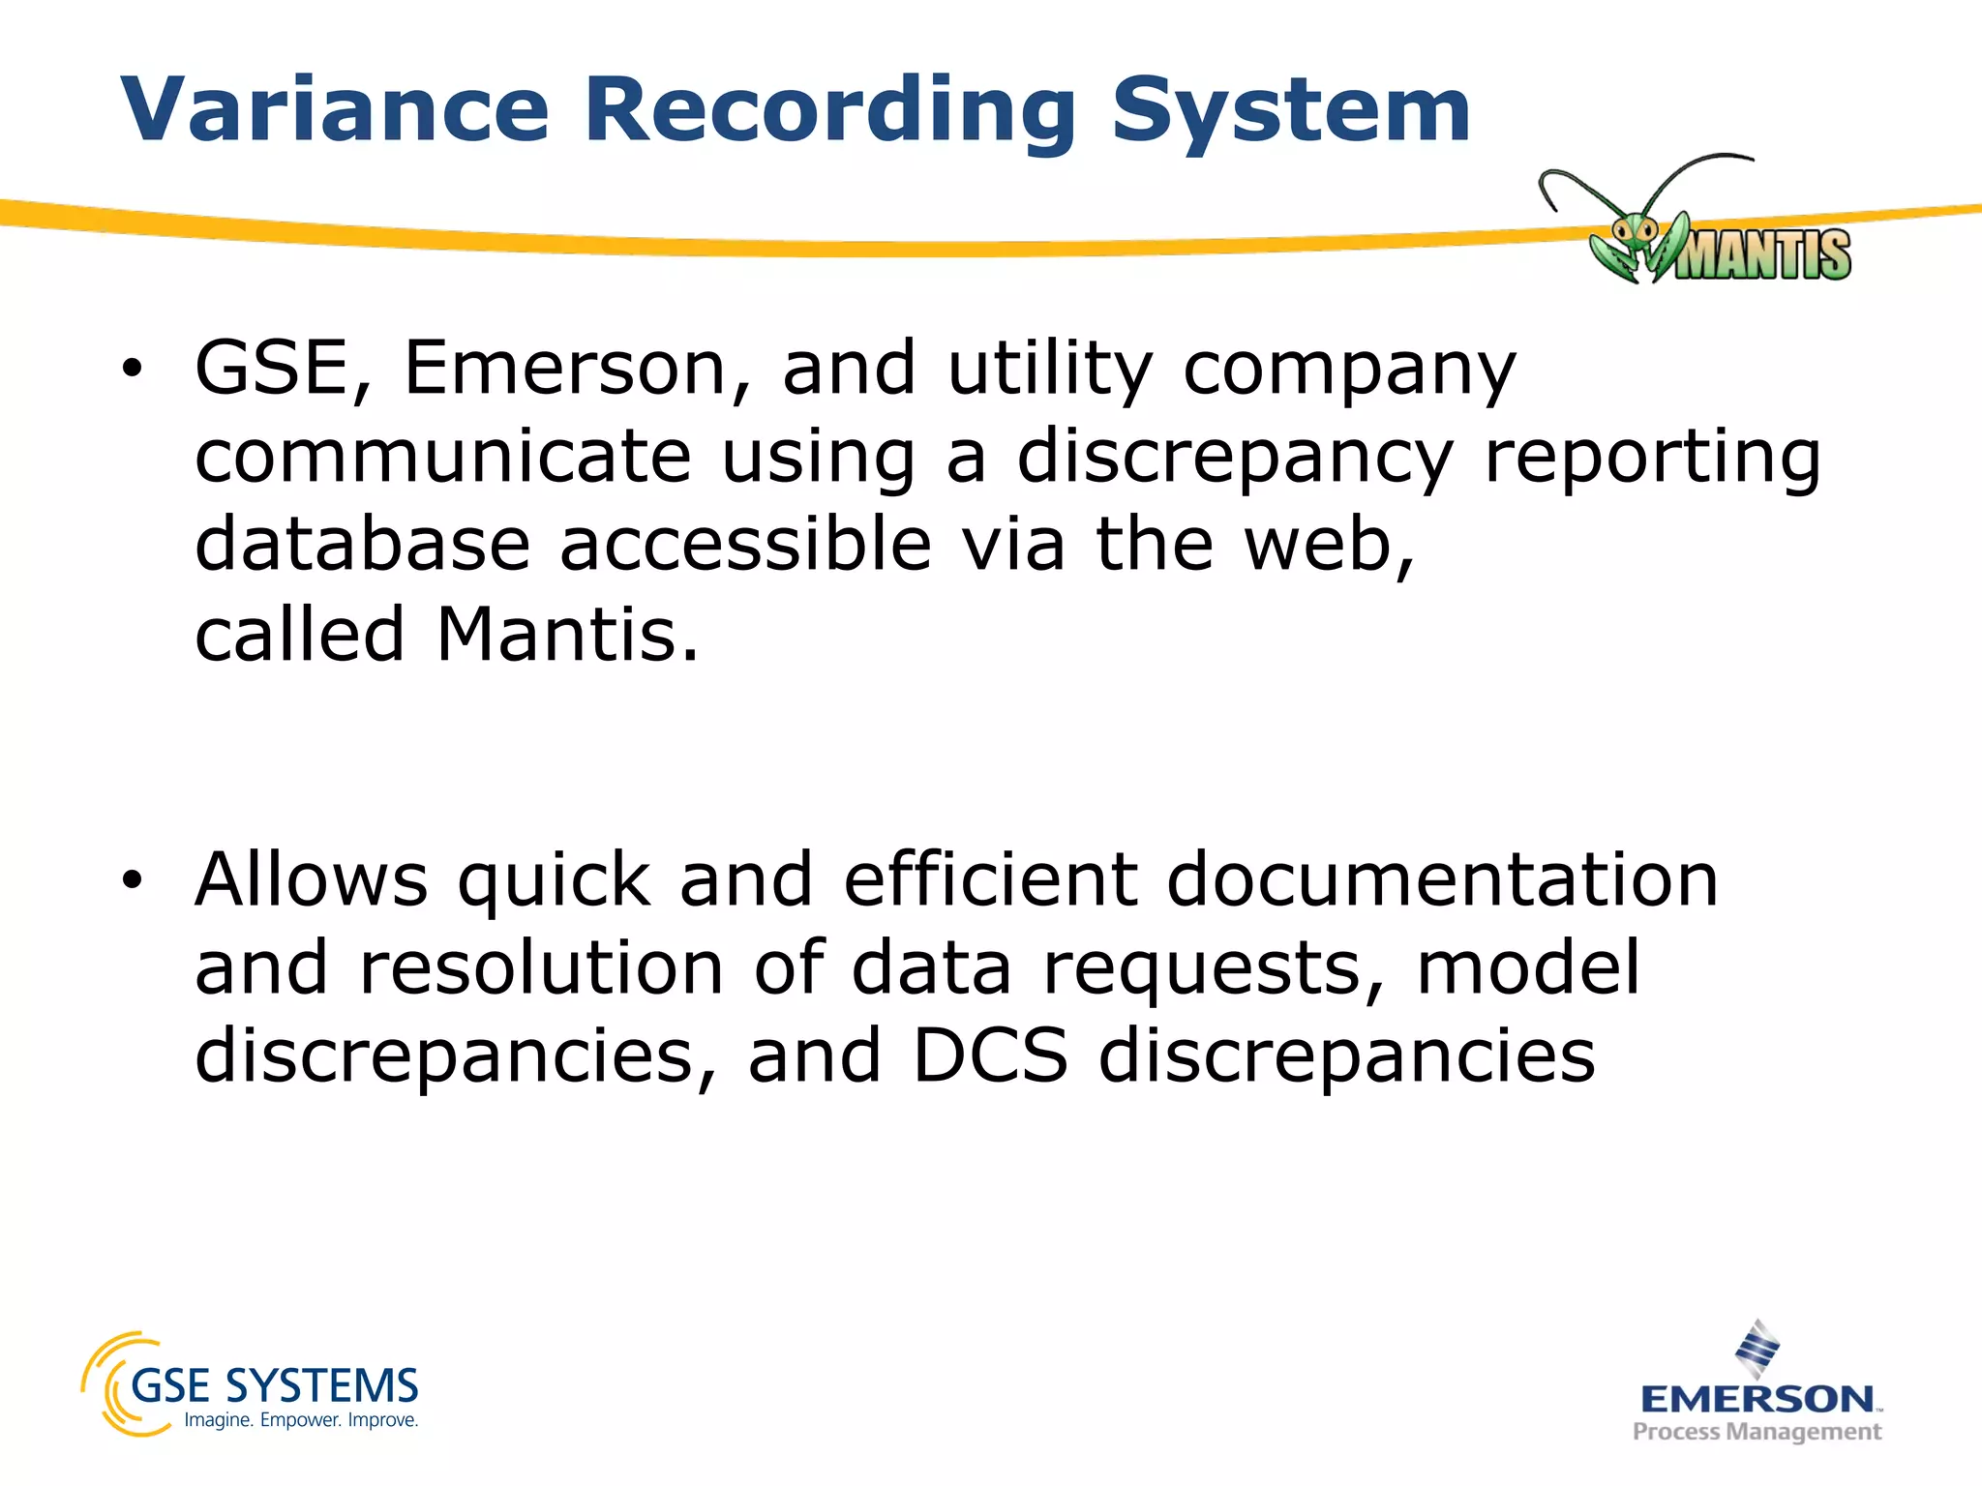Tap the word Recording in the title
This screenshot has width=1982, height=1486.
830,112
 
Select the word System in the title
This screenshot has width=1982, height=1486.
1291,112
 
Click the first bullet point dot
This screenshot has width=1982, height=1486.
133,369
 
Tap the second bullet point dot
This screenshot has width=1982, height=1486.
133,879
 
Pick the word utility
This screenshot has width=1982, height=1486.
1050,369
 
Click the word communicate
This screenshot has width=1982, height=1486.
443,457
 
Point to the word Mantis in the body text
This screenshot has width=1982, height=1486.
566,635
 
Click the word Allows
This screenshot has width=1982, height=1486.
311,879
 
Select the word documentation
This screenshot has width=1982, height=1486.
1442,879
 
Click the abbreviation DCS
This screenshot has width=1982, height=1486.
990,1055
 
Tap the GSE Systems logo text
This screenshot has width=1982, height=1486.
274,1385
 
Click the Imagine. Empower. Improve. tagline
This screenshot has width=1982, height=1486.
301,1420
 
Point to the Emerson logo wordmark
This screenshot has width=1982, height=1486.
1757,1399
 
